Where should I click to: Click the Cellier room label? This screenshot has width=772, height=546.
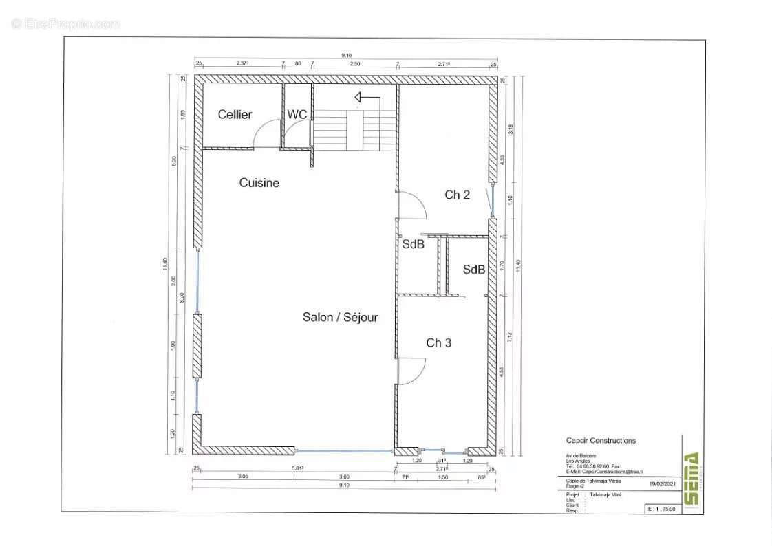tap(235, 115)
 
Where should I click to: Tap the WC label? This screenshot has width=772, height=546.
tap(297, 115)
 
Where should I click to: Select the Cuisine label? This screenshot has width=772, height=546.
tap(259, 183)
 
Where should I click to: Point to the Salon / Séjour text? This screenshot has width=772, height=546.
tap(340, 317)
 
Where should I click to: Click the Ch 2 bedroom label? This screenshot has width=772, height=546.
tap(457, 195)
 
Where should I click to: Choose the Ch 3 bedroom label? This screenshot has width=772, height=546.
tap(438, 342)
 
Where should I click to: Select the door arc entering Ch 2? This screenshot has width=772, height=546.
tap(413, 206)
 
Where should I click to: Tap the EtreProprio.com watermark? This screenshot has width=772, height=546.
tap(66, 24)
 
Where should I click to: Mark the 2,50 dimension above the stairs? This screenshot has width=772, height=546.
tap(355, 64)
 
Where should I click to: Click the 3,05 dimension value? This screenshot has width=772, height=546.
tap(243, 476)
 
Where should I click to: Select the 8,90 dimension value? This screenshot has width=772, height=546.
tap(181, 298)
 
